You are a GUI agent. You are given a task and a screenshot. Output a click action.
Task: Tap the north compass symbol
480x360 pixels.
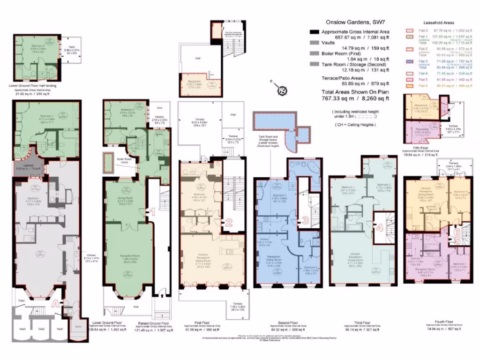[282, 90]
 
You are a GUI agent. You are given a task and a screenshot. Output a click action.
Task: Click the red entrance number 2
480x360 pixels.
[229, 222]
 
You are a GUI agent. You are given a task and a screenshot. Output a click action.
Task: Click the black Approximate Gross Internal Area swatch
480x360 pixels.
[314, 31]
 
